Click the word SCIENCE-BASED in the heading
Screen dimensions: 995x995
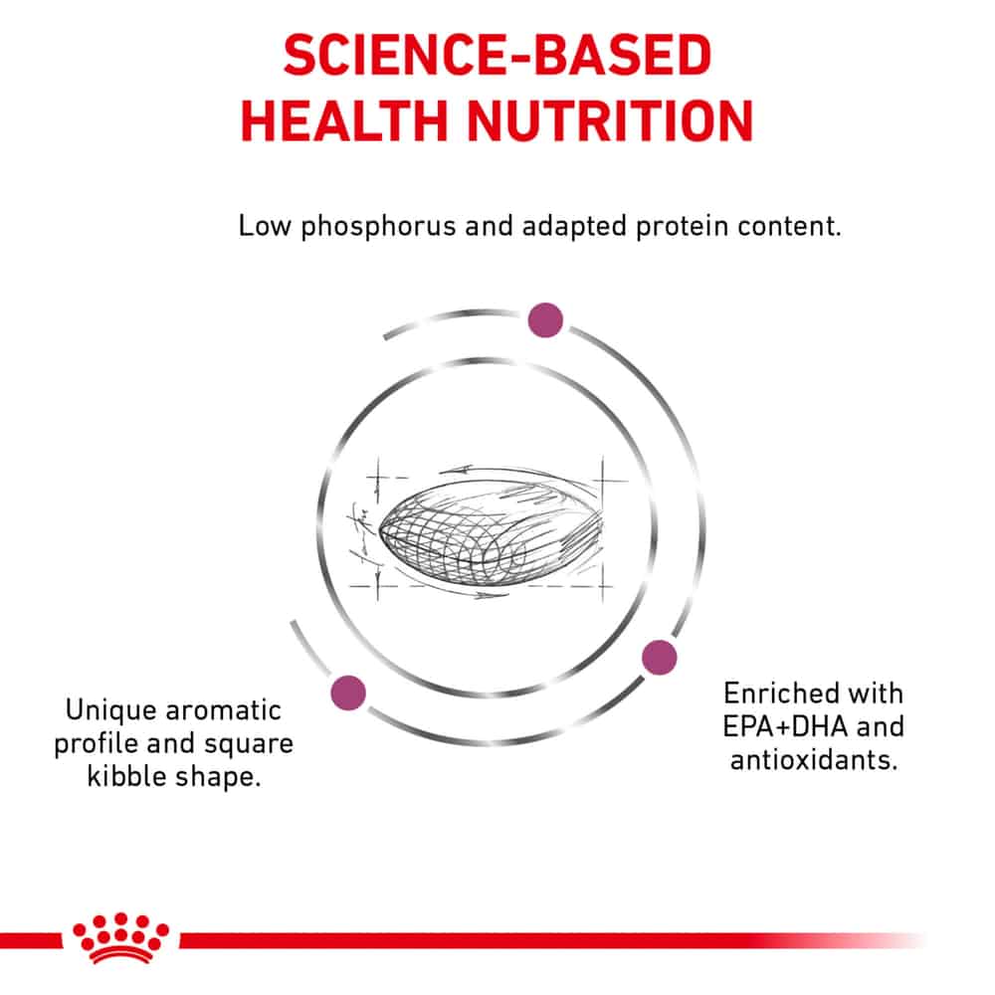(497, 55)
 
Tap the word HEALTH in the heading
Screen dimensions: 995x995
(344, 120)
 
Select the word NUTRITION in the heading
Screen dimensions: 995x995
(610, 120)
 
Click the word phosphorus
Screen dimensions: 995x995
(378, 227)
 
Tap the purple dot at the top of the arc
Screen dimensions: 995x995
(545, 319)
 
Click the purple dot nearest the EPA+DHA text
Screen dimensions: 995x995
(660, 658)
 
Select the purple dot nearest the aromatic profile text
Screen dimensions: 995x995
(348, 693)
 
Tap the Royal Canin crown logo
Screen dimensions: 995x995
(121, 938)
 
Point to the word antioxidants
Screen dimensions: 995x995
(814, 760)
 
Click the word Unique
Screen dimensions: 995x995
(110, 710)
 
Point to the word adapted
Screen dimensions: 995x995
(574, 227)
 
